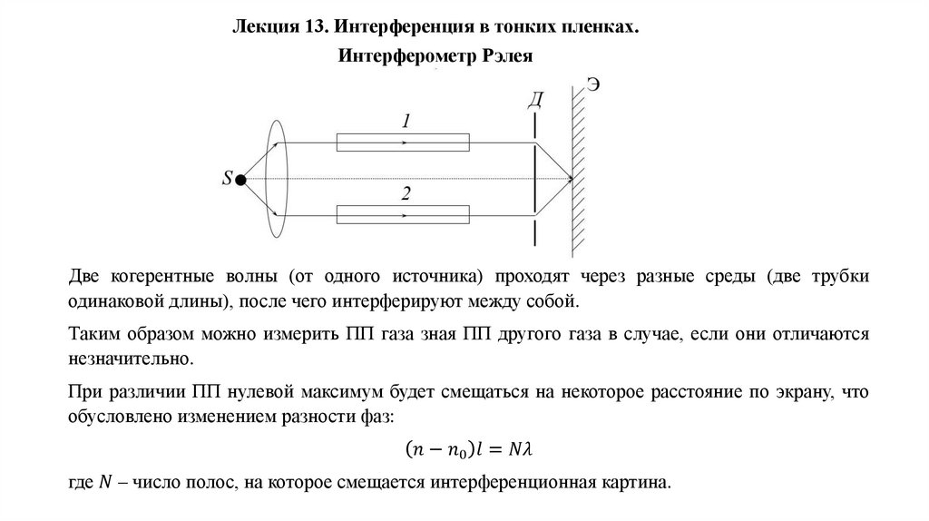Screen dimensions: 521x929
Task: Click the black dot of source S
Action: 240,180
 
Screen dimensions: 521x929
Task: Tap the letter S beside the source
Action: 227,179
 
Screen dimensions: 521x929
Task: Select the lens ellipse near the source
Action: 276,180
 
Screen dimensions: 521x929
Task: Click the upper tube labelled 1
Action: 403,143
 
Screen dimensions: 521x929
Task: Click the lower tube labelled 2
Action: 403,215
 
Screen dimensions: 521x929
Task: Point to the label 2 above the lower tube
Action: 406,193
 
